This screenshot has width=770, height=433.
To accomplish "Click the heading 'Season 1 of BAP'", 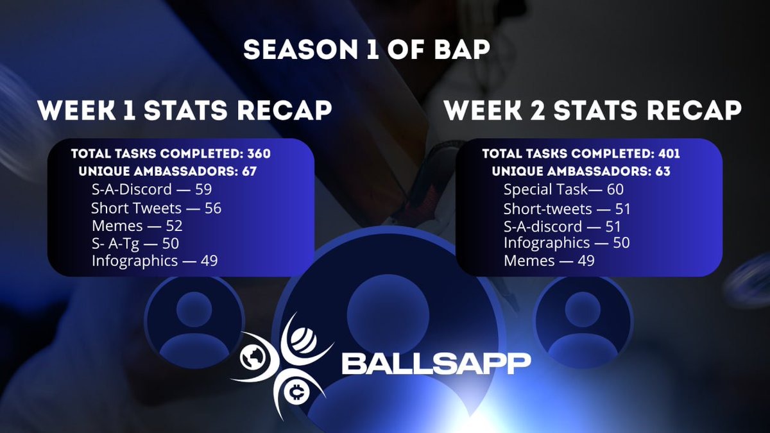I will tap(366, 50).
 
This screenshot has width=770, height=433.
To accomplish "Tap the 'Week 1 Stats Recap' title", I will tap(185, 110).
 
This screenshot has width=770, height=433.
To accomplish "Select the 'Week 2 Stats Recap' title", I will tap(592, 110).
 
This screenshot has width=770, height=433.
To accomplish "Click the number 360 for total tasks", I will tap(259, 154).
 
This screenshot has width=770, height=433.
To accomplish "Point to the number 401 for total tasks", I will tap(669, 154).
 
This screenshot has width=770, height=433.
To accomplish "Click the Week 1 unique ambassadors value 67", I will tap(248, 172).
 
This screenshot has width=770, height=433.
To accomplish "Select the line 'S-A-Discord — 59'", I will tap(151, 190).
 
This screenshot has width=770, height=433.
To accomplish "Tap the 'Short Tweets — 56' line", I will tap(156, 208).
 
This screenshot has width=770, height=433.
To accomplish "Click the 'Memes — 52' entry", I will tap(137, 226).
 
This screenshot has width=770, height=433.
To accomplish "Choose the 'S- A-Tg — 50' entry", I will tap(135, 243).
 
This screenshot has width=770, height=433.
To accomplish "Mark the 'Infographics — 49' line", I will tap(155, 261).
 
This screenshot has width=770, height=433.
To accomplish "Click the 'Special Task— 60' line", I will tap(563, 190).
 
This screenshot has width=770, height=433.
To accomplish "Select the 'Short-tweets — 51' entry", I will tap(567, 208).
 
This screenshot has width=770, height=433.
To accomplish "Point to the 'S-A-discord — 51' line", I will tap(562, 226).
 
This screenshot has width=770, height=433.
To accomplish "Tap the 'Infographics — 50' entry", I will tap(567, 243).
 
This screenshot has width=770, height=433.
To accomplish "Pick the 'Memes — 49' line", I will tap(549, 261).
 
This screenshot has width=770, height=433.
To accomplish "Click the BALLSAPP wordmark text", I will tap(436, 363).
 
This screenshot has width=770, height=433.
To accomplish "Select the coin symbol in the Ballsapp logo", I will tap(296, 391).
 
